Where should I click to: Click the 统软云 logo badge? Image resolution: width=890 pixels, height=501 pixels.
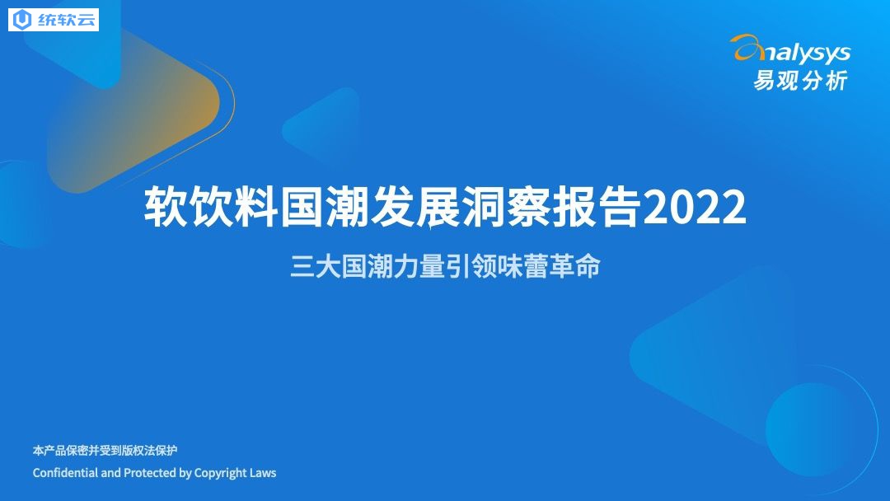[54, 20]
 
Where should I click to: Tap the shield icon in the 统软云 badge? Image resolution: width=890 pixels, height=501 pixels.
[22, 20]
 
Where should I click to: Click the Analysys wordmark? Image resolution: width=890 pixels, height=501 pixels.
[790, 51]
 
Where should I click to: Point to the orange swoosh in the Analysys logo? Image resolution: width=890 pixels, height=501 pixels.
[748, 48]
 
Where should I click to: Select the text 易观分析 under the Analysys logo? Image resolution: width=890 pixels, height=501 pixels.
[800, 81]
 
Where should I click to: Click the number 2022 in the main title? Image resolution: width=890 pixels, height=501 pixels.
[694, 207]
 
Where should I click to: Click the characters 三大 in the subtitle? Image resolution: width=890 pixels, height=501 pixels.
[316, 267]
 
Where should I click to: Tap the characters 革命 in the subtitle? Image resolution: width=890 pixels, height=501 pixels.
[575, 267]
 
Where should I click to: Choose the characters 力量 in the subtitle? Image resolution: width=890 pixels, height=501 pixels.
[419, 267]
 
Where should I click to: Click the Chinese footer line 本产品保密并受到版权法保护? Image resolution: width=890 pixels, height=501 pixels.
[105, 451]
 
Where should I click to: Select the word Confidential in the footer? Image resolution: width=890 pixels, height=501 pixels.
[65, 473]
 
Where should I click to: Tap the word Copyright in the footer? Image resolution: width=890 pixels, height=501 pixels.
[221, 473]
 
